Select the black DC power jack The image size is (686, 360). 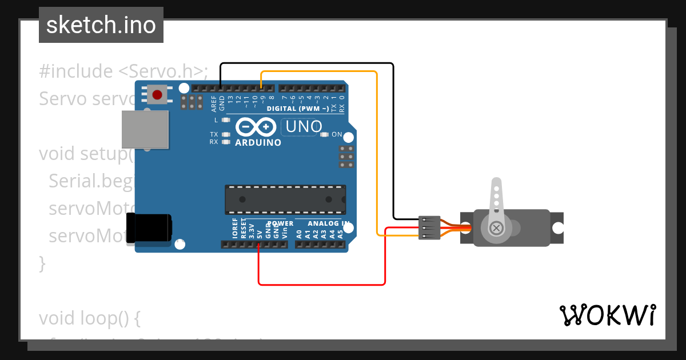click(149, 227)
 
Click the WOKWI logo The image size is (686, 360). click(607, 315)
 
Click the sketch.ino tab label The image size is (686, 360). click(101, 25)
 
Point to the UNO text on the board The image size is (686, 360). click(304, 127)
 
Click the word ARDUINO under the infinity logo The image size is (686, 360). click(258, 143)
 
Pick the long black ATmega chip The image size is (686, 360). click(285, 199)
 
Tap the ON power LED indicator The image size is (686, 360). click(325, 135)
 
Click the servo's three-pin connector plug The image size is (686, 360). click(429, 227)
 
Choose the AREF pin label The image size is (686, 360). click(214, 103)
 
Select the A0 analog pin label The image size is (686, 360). click(299, 234)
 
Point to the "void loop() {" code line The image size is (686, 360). click(89, 318)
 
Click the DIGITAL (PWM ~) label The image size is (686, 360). click(297, 109)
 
